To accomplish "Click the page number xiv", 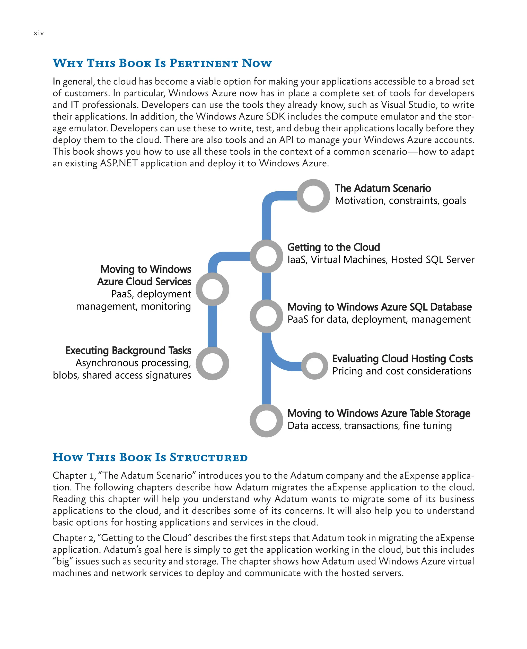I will tap(39, 33).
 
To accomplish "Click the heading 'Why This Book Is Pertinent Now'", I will tap(162, 63).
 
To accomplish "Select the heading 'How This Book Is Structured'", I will tap(150, 457).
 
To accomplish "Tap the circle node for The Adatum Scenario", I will tap(313, 196).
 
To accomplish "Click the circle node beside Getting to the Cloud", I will tap(266, 256).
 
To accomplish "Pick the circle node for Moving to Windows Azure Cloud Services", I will tap(212, 289).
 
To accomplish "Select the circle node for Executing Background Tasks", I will tap(212, 363).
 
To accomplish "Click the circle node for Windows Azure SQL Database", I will tap(266, 316).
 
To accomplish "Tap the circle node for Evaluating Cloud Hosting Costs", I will tap(314, 366).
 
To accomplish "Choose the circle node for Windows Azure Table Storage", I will tap(266, 421).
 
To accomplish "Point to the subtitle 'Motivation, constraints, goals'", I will tap(400, 201).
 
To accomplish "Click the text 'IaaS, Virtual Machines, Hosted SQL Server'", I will tap(381, 260).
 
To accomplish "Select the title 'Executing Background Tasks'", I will tap(128, 351).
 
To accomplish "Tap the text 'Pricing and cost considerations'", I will tap(402, 371).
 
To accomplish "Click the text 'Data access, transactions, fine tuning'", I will tap(370, 426).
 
